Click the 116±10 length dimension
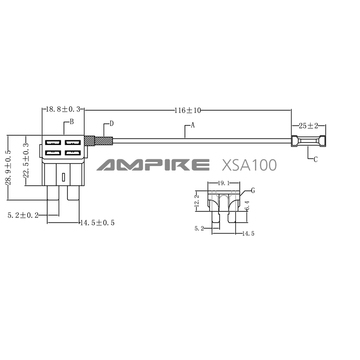click(x=188, y=110)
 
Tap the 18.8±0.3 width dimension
click(x=63, y=109)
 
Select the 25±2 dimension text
click(x=308, y=126)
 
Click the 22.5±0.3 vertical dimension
click(x=26, y=160)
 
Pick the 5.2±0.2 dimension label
click(x=23, y=216)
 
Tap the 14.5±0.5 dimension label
click(x=97, y=223)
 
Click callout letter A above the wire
click(x=193, y=125)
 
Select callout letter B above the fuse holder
click(x=72, y=121)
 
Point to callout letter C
click(x=316, y=159)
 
